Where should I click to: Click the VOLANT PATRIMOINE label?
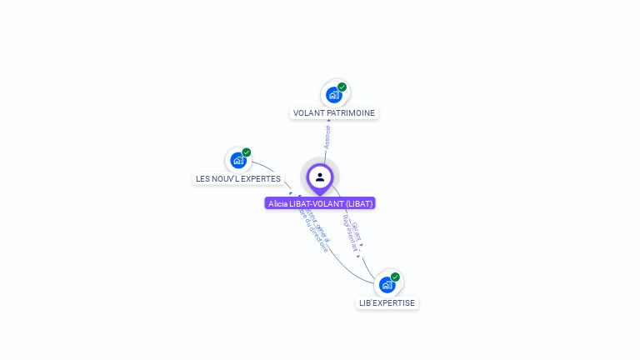tap(334, 112)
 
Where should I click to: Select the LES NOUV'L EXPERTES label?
tap(238, 178)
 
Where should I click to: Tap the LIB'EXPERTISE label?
tap(387, 302)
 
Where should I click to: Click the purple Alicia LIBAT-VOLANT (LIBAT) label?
tap(320, 203)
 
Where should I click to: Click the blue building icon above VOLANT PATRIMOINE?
tap(334, 94)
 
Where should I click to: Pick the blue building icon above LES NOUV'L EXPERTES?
tap(238, 160)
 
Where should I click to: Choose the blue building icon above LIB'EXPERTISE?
tap(387, 285)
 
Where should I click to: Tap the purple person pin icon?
tap(320, 177)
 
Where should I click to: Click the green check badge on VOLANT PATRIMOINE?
tap(342, 87)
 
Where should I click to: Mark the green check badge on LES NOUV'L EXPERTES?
tap(247, 152)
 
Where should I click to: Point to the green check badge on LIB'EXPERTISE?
tap(395, 277)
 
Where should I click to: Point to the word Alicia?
tap(277, 203)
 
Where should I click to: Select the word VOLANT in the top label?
tap(308, 112)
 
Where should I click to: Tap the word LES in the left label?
tap(202, 178)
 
